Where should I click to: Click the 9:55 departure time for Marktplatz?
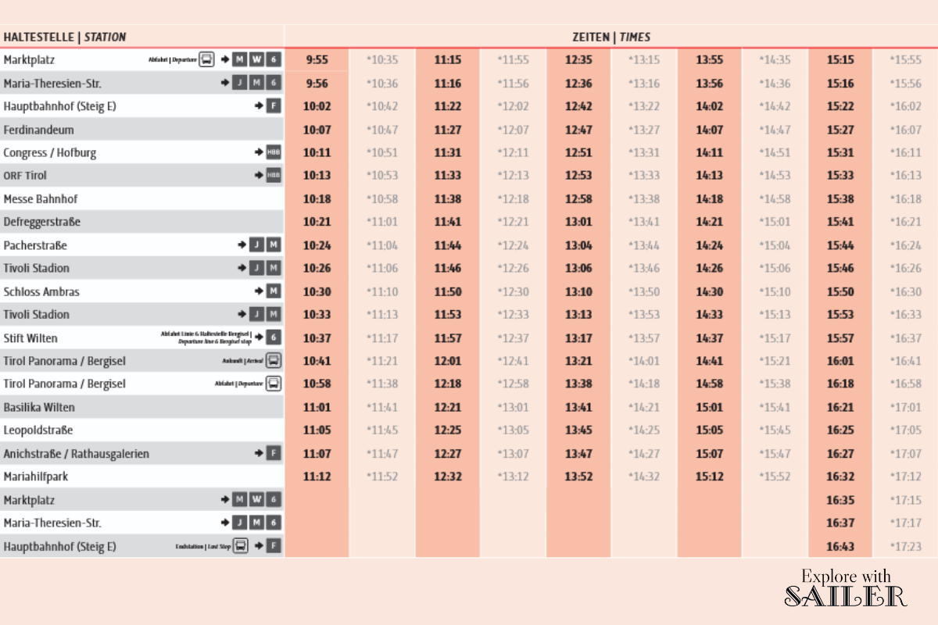tap(317, 60)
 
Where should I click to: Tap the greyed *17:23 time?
tap(905, 546)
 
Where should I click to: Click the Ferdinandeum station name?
tap(38, 130)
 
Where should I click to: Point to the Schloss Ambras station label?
tap(41, 291)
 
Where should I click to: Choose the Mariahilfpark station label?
tap(36, 477)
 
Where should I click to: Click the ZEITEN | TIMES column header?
tap(611, 37)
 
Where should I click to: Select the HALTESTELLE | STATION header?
tap(64, 37)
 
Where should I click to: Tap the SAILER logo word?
tap(845, 596)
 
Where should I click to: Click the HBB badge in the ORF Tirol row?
tap(273, 176)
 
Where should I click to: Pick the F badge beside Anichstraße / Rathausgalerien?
tap(273, 453)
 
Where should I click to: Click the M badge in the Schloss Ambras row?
tap(273, 291)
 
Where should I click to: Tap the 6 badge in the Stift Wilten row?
tap(273, 337)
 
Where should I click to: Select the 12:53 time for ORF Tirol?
tap(578, 176)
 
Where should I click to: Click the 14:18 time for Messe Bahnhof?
tap(710, 199)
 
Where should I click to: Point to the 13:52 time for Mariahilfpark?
tap(578, 477)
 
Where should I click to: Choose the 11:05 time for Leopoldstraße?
tap(317, 430)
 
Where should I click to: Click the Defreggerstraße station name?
tap(42, 222)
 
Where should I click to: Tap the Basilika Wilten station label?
tap(39, 407)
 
